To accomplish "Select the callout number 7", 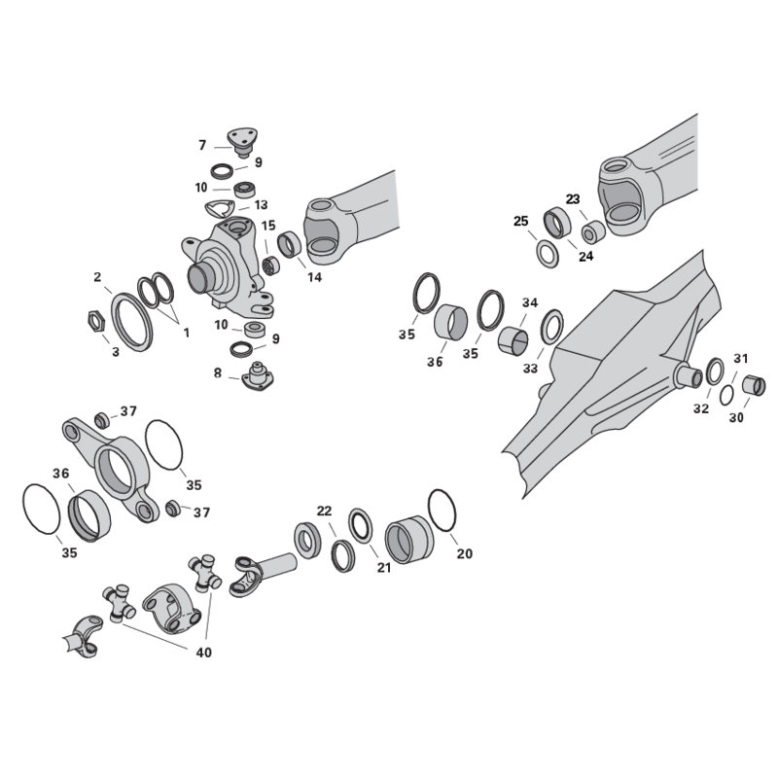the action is click(202, 145).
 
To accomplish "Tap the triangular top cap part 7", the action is click(242, 142).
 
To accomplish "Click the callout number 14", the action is click(314, 277).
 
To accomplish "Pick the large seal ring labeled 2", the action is click(132, 322).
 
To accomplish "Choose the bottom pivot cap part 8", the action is click(258, 376).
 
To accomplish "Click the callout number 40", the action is click(204, 653).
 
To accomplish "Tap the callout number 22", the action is click(324, 512).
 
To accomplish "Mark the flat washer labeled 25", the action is click(548, 254).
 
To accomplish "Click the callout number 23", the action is click(573, 199).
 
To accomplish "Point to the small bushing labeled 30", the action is click(754, 385).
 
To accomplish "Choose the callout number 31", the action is click(741, 358).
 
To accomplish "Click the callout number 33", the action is click(530, 369).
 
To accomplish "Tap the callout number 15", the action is click(268, 226).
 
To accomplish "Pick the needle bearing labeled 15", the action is click(271, 265).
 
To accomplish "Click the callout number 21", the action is click(384, 568).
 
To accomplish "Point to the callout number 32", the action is click(701, 408).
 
